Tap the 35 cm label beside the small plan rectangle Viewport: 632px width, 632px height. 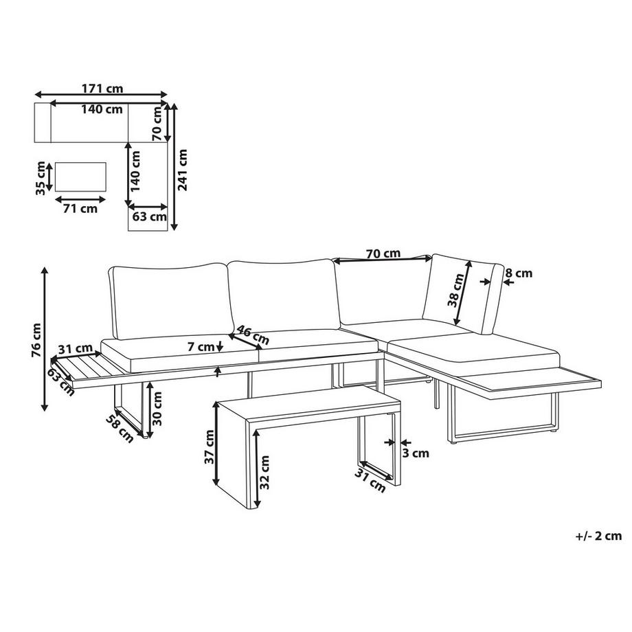(41, 177)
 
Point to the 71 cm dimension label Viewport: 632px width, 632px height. (80, 209)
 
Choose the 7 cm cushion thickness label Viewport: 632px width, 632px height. (201, 348)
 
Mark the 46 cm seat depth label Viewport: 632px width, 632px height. (251, 335)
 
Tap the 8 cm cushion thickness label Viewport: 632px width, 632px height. (518, 273)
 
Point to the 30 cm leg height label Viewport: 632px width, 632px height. (159, 409)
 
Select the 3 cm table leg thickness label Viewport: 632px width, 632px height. (416, 453)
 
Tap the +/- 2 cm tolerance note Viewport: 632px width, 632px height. (598, 537)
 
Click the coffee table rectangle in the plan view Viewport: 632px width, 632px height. (80, 177)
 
